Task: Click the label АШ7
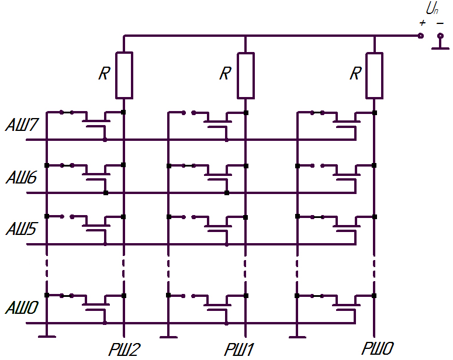tap(22, 125)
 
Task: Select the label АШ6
tap(22, 178)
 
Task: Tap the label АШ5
tap(22, 229)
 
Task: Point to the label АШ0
tap(22, 307)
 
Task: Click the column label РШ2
tap(125, 349)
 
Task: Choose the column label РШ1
tap(238, 349)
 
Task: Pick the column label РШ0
tap(378, 348)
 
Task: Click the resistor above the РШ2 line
tap(125, 75)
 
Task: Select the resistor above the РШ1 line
tap(246, 76)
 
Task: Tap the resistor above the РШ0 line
tap(375, 76)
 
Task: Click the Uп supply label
tap(432, 9)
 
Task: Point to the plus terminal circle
tap(421, 36)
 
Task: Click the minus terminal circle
tap(440, 36)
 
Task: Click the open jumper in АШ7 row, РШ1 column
tap(189, 113)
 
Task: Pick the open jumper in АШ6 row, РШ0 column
tap(317, 165)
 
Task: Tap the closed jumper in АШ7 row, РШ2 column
tap(67, 112)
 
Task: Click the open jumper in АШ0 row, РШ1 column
tap(188, 296)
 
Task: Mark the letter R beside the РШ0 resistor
tap(355, 74)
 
